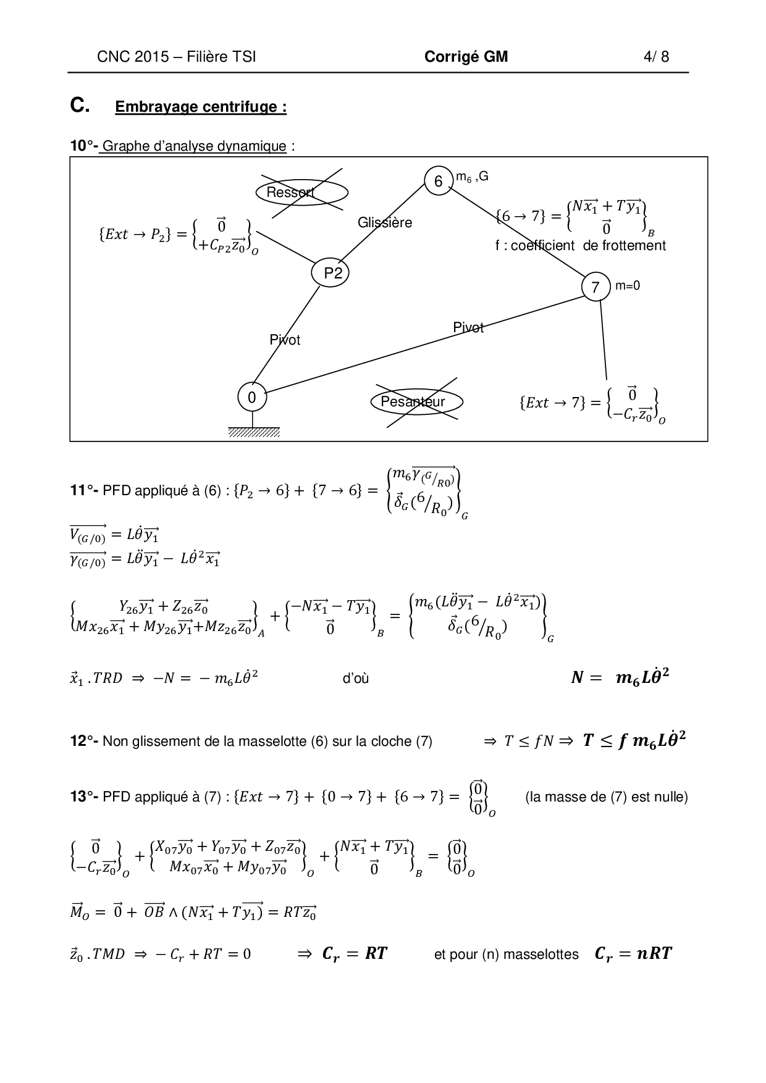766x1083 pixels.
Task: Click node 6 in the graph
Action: click(x=438, y=181)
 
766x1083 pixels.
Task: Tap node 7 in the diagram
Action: click(x=596, y=287)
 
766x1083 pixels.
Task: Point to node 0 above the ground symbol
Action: click(x=252, y=398)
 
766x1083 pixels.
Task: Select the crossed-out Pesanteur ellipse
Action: click(x=416, y=402)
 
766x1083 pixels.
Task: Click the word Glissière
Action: click(x=385, y=223)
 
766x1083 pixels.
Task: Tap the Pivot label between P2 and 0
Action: click(x=285, y=340)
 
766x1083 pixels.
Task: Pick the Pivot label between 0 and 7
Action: click(x=468, y=327)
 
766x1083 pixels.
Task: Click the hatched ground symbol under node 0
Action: click(x=254, y=432)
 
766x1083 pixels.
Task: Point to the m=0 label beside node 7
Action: click(x=628, y=286)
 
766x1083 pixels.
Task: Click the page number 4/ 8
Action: click(x=656, y=57)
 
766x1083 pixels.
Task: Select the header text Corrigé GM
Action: click(x=466, y=57)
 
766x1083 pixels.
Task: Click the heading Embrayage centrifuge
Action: click(x=201, y=107)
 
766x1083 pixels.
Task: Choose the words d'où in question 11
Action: click(x=356, y=679)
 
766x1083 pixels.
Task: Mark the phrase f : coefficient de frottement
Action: click(x=580, y=245)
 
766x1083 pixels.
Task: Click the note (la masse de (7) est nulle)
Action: click(x=606, y=797)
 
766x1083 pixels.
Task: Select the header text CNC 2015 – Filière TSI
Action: click(x=177, y=57)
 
